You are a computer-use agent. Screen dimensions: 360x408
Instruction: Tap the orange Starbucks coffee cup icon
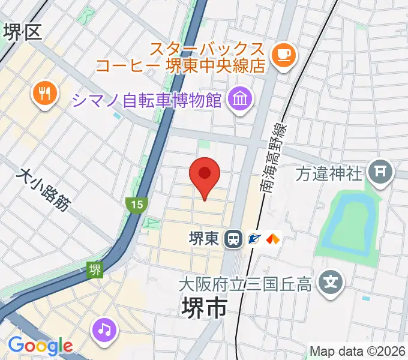pos(282,56)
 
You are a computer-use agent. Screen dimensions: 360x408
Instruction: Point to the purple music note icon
pos(105,329)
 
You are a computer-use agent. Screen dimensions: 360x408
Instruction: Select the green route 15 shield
pos(137,205)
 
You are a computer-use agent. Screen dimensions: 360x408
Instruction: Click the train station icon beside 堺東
pos(232,239)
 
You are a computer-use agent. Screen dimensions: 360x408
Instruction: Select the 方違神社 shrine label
pos(330,173)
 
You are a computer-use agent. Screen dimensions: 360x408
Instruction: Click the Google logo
pos(40,346)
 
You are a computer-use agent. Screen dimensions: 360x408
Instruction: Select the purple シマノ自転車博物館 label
pos(148,99)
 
